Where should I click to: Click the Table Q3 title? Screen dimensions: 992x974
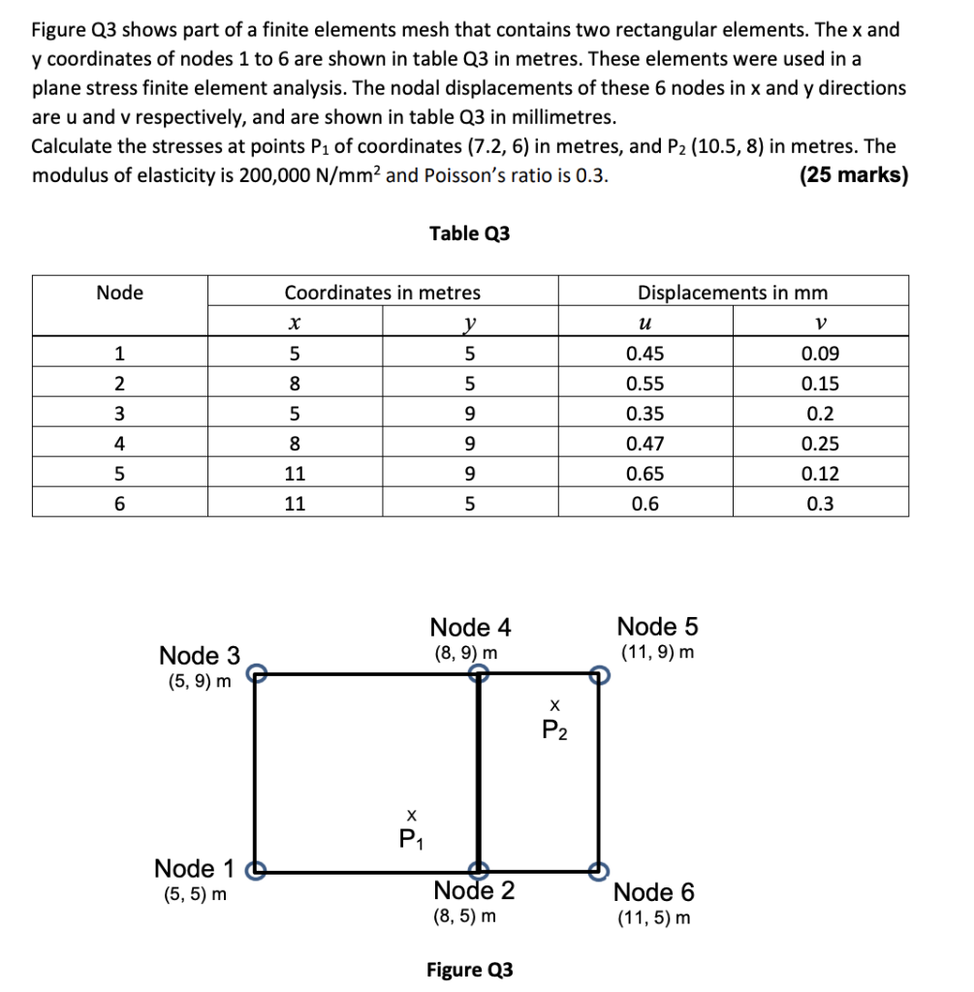pos(468,233)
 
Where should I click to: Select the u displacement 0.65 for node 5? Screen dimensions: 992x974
pos(645,475)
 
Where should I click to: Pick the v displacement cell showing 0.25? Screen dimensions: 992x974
pos(820,445)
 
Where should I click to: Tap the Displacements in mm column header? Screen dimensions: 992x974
pos(733,293)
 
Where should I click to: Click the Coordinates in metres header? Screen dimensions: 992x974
pos(382,293)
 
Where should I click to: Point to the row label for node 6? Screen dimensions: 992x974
pos(119,505)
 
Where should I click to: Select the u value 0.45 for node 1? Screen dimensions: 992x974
pos(645,354)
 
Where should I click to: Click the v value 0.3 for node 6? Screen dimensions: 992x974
pos(820,505)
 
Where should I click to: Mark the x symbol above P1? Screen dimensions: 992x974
pos(412,815)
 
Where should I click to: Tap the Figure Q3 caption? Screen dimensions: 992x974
pos(469,970)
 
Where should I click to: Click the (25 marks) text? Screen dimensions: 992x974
pos(853,176)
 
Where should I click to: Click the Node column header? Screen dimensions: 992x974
pos(119,293)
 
